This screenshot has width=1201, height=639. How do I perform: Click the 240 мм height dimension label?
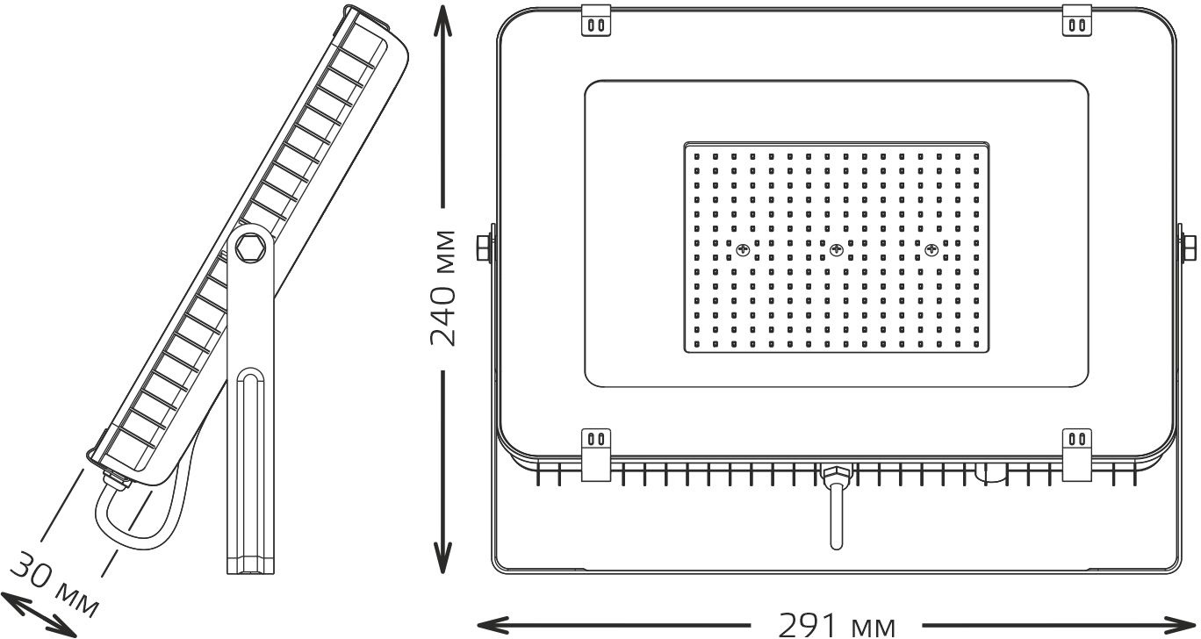[442, 289]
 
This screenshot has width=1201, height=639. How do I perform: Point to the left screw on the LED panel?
[743, 249]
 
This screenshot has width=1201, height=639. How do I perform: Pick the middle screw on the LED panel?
[837, 249]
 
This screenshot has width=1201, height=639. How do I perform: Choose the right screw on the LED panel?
[931, 249]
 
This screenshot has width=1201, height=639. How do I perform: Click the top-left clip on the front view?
[596, 20]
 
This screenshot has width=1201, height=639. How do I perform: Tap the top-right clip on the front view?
[1076, 20]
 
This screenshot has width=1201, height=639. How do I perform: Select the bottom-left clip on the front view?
[596, 455]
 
